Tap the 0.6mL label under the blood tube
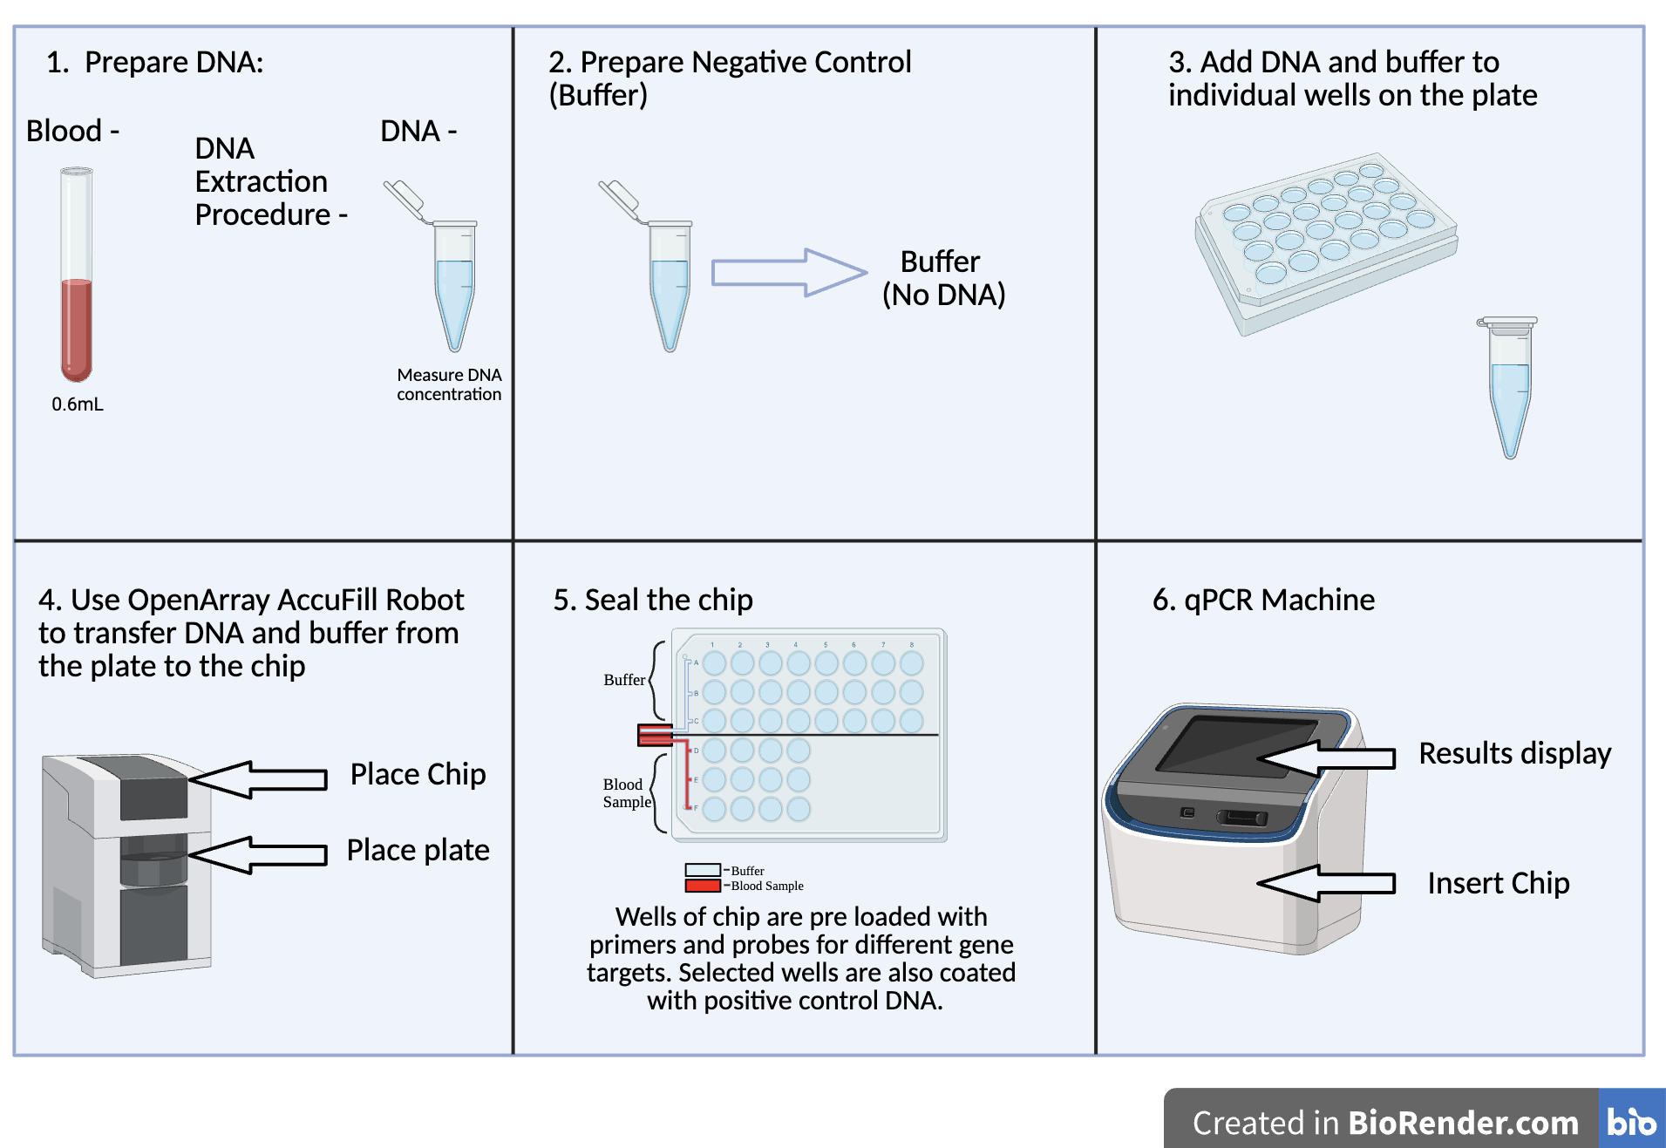(77, 404)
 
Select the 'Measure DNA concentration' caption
(449, 384)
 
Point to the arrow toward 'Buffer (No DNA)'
(789, 272)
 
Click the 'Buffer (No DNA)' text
(943, 278)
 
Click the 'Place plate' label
(418, 850)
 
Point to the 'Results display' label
(1514, 753)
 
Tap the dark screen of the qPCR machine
(1238, 745)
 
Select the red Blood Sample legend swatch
(702, 886)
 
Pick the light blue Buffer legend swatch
(702, 870)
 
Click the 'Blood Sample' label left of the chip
(627, 793)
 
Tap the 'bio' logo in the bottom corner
(1630, 1120)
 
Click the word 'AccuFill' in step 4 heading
(327, 600)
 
